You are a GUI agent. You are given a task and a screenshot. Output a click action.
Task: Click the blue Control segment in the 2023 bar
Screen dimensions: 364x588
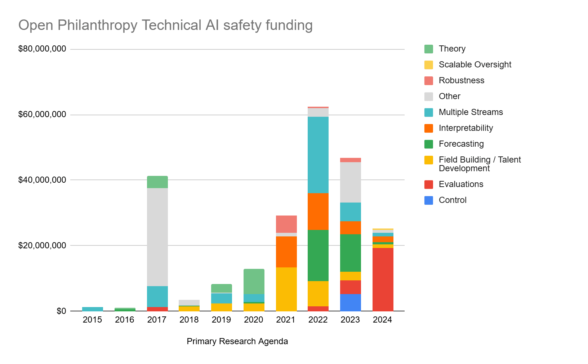pyautogui.click(x=350, y=302)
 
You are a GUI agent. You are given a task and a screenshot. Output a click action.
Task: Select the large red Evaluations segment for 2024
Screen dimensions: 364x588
pyautogui.click(x=383, y=279)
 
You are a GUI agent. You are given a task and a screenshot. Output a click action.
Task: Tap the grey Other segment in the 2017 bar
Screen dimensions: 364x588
pyautogui.click(x=157, y=237)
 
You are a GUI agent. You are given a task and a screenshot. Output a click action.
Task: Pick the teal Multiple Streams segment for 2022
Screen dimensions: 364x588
pyautogui.click(x=318, y=155)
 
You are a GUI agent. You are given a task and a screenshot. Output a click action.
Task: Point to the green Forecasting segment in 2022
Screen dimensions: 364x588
pyautogui.click(x=318, y=255)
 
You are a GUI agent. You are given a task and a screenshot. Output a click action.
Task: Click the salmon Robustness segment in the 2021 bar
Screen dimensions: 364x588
pyautogui.click(x=286, y=224)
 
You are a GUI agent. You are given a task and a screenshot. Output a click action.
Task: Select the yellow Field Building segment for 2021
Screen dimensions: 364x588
pyautogui.click(x=286, y=289)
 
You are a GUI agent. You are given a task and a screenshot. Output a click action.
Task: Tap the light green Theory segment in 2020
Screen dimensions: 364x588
pyautogui.click(x=254, y=281)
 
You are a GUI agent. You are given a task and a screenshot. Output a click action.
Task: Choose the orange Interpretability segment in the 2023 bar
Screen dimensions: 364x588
pyautogui.click(x=350, y=228)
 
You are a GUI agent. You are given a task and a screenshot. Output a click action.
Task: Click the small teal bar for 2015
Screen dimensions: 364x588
pyautogui.click(x=93, y=309)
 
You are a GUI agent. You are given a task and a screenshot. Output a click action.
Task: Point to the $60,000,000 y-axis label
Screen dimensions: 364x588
pyautogui.click(x=42, y=115)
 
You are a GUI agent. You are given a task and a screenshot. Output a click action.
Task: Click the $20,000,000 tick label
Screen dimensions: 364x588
pyautogui.click(x=42, y=245)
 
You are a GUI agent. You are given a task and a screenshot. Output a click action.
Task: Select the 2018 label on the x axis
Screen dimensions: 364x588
pyautogui.click(x=189, y=320)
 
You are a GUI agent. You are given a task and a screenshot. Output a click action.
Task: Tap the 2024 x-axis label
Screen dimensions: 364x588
pyautogui.click(x=383, y=320)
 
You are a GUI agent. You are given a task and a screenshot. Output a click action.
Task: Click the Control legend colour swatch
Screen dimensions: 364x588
pyautogui.click(x=428, y=200)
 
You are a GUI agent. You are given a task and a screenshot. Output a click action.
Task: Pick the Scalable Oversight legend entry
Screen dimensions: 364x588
pyautogui.click(x=475, y=65)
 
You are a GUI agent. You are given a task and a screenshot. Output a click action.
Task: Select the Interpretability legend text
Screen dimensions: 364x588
pyautogui.click(x=465, y=128)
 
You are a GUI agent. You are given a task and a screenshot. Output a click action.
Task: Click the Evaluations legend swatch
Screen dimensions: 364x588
pyautogui.click(x=428, y=185)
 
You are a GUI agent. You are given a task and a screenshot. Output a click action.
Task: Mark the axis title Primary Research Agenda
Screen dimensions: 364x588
pyautogui.click(x=237, y=341)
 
